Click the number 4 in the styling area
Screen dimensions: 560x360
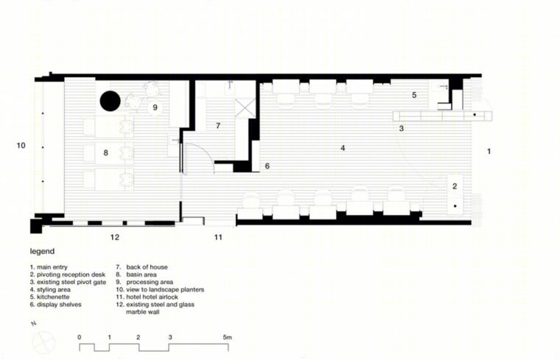(343, 148)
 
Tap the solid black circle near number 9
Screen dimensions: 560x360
(110, 101)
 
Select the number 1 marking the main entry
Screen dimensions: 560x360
(489, 151)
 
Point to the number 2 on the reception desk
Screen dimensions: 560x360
(455, 186)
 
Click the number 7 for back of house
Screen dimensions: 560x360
(218, 126)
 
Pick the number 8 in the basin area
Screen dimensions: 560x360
(105, 152)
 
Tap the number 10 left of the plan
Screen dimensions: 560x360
(21, 145)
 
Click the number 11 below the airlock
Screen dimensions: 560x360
(218, 237)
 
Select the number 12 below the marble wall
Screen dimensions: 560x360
(115, 237)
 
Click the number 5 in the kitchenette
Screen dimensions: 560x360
(414, 95)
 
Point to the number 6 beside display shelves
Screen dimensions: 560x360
(267, 166)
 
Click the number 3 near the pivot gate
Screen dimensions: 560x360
(402, 128)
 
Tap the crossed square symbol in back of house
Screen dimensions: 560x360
(245, 108)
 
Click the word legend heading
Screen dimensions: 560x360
(42, 251)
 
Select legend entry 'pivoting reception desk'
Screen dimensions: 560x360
(71, 275)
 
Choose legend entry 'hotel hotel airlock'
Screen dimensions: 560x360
(152, 297)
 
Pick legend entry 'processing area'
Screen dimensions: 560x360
(150, 282)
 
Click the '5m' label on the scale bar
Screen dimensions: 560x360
(227, 337)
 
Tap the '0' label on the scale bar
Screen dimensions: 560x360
(80, 337)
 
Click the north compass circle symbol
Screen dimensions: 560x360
(43, 342)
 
